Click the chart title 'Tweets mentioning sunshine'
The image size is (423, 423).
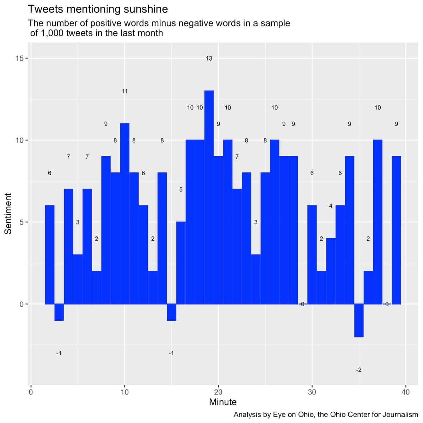(98, 9)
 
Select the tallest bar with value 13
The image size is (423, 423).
(209, 197)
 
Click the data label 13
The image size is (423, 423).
(209, 59)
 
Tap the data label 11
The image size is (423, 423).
(124, 91)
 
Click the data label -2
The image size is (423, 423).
(358, 370)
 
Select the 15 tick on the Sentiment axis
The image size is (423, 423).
(20, 58)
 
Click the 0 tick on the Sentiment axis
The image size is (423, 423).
(22, 304)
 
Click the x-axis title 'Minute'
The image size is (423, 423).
(223, 402)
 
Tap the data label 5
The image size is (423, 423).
(181, 190)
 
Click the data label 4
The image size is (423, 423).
(331, 206)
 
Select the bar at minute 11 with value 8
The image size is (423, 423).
(134, 238)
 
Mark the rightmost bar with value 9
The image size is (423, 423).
(396, 230)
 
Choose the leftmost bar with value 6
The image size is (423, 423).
(50, 255)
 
